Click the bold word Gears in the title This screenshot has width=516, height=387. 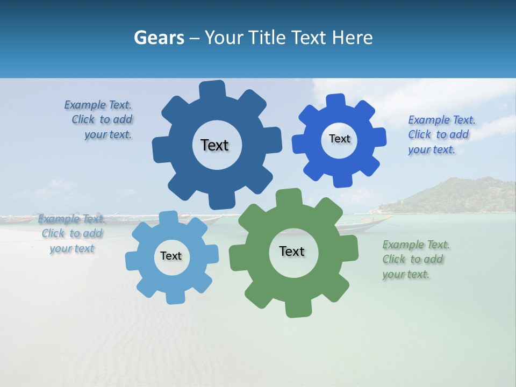pos(159,38)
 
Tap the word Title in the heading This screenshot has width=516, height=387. pos(269,38)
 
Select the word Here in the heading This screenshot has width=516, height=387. pos(352,38)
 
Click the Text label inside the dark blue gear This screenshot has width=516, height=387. pos(215,145)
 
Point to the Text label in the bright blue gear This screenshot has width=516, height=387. pos(339,139)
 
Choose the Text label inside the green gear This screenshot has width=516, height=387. pos(292,251)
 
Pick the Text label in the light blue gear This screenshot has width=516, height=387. pos(171,256)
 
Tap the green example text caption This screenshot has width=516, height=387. pos(415,259)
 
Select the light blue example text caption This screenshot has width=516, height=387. pos(71,233)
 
